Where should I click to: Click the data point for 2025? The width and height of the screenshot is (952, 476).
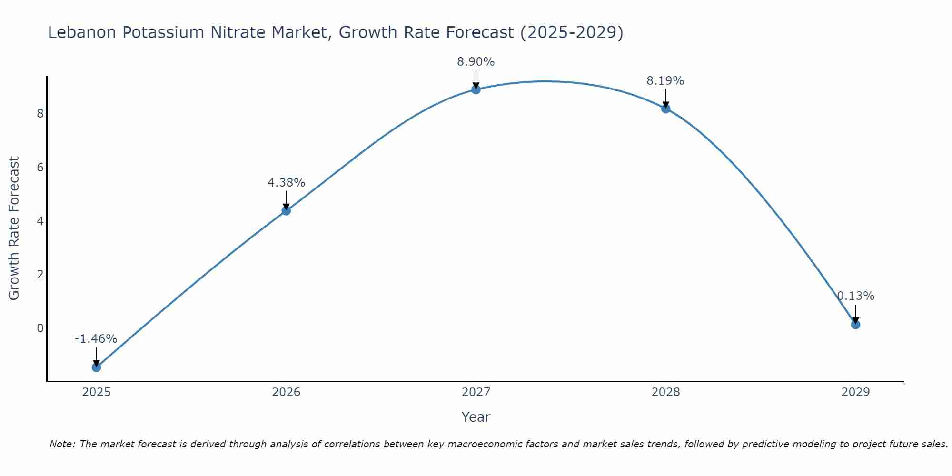click(96, 367)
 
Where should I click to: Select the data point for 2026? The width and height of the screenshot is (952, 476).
click(286, 210)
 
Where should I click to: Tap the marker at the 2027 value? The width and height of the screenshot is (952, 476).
click(476, 89)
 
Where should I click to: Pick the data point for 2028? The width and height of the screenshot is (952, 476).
click(665, 109)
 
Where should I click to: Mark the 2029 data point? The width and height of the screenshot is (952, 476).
click(855, 325)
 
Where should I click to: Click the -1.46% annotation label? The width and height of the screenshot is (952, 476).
click(96, 339)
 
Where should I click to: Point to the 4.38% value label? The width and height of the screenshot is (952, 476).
click(286, 183)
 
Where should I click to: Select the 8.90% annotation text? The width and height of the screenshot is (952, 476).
click(476, 62)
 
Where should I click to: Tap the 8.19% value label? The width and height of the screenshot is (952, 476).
click(665, 81)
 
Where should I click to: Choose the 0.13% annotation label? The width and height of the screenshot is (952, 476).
click(856, 296)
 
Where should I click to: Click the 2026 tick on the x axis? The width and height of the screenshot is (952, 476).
click(286, 392)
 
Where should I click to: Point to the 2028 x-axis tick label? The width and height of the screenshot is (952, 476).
click(665, 392)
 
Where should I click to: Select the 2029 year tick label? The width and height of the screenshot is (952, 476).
click(855, 392)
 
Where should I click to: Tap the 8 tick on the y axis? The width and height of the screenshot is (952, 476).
click(40, 113)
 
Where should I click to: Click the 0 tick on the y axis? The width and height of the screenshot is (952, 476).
click(40, 328)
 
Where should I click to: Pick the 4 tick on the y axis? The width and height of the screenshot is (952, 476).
click(40, 221)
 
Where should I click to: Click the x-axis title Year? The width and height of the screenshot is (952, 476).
click(476, 417)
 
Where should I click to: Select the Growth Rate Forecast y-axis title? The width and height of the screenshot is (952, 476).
click(14, 228)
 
